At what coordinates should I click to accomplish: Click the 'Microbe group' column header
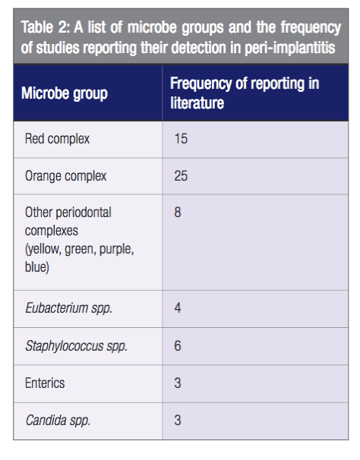point(65,93)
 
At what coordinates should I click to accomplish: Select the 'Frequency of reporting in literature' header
point(245,93)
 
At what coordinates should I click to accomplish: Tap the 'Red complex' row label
point(57,139)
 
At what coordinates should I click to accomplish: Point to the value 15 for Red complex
point(181,139)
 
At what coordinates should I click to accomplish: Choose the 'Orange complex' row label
point(66,176)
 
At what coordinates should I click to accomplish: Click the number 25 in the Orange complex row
point(181,176)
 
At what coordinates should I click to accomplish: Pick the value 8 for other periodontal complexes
point(178,212)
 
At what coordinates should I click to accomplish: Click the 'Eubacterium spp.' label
point(69,308)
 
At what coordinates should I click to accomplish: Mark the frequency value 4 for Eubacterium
point(178,308)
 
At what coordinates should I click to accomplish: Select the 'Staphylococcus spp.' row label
point(77,346)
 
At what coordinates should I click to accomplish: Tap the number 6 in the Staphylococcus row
point(178,345)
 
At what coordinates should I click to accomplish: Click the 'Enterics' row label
point(45,383)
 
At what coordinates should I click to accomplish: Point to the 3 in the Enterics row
point(178,383)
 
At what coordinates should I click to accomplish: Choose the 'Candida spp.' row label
point(58,421)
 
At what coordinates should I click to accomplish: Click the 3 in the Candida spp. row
point(178,420)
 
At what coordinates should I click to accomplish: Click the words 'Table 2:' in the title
point(46,27)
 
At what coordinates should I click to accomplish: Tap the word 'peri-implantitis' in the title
point(290,48)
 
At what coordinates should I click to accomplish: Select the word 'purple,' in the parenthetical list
point(116,250)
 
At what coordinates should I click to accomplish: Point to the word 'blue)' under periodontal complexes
point(37,267)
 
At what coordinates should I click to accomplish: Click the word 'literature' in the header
point(197,103)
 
